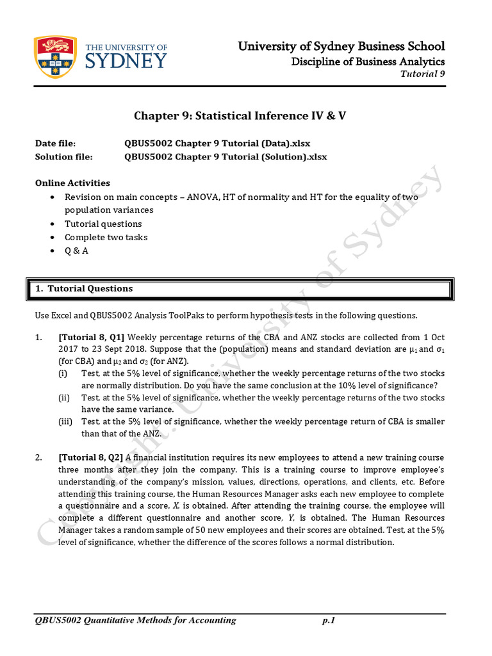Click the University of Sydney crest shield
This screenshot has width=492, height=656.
(x=56, y=56)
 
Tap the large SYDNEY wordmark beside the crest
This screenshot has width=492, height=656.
(x=126, y=61)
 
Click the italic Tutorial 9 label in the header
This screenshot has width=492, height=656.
(x=422, y=74)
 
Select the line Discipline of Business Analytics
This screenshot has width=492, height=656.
(x=368, y=61)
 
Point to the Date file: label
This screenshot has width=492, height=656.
(x=55, y=143)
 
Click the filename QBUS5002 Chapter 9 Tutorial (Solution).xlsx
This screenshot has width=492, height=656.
(x=225, y=157)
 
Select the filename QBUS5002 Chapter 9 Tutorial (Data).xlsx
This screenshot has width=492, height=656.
(x=217, y=143)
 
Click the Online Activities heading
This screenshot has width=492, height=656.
(x=72, y=183)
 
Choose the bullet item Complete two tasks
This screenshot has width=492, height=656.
(x=106, y=237)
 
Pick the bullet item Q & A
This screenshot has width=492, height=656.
(x=76, y=250)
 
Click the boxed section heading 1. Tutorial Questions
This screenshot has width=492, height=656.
(x=84, y=289)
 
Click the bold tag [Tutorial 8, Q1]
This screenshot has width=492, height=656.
(x=92, y=338)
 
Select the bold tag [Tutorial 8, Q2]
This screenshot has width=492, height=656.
(x=91, y=458)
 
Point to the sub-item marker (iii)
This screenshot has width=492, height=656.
(x=65, y=422)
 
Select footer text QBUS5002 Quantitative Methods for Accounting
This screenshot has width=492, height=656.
(x=136, y=620)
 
